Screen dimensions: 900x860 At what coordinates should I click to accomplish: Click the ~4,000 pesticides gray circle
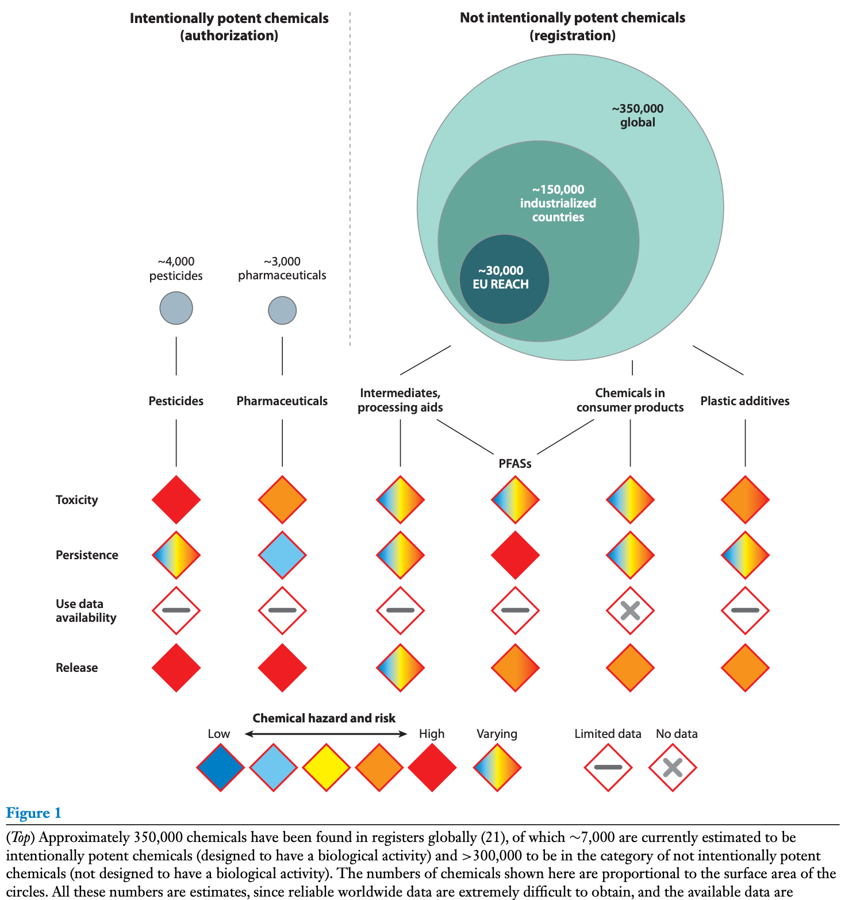coord(176,308)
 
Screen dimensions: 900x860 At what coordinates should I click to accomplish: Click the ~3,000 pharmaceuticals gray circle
coord(282,310)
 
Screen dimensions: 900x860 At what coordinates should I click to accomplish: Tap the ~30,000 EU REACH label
coord(501,277)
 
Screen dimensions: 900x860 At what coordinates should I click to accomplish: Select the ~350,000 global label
coord(638,116)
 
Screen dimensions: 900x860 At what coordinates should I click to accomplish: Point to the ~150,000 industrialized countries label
coord(558,203)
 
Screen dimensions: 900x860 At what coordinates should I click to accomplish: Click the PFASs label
coord(515,464)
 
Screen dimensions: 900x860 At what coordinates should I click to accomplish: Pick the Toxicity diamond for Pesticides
coord(176,499)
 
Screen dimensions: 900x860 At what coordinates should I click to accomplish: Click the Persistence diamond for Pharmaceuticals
coord(282,555)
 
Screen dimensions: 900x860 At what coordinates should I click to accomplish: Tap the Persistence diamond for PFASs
coord(515,555)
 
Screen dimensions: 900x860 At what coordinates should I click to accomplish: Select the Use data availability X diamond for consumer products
coord(630,610)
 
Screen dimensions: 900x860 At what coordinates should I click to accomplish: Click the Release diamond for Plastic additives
coord(745,668)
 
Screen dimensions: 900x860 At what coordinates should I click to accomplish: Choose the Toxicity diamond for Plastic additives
coord(745,499)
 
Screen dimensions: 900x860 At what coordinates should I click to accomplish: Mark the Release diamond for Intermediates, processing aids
coord(400,668)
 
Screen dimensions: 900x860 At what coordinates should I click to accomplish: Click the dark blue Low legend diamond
coord(220,767)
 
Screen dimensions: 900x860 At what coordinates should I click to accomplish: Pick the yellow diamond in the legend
coord(327,767)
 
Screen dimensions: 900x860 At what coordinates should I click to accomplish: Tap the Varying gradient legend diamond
coord(497,767)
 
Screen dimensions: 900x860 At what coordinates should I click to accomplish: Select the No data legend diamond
coord(673,767)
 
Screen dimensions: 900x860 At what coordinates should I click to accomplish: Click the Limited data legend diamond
coord(608,767)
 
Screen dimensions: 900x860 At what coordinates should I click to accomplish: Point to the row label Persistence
coord(87,555)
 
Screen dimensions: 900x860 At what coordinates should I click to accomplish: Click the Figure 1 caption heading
coord(33,813)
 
